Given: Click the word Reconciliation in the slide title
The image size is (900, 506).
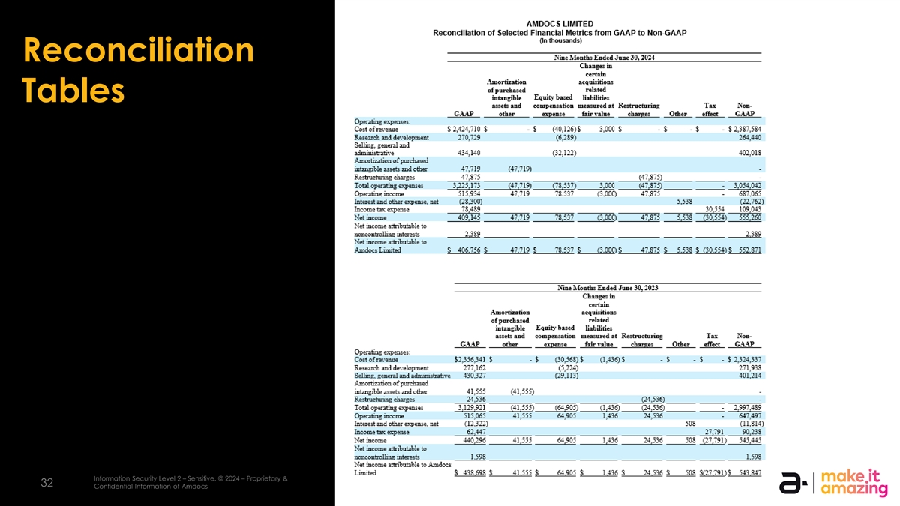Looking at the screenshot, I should point(139,51).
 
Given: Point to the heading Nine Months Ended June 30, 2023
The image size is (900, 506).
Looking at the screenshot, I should point(607,286).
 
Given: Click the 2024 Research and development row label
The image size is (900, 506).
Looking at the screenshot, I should point(391,137).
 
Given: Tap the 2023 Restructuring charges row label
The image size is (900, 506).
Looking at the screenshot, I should point(384,399).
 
